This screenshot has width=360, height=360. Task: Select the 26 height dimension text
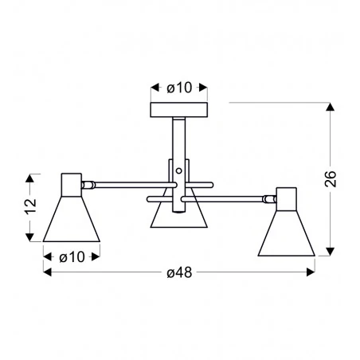(331, 178)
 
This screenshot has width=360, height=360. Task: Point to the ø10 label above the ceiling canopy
(178, 87)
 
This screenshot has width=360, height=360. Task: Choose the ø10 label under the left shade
(71, 256)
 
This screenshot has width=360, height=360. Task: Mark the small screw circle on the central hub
(179, 170)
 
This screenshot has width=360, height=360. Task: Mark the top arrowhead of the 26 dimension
(331, 107)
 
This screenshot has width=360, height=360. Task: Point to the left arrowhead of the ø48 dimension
(46, 273)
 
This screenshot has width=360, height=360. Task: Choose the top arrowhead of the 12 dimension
(31, 177)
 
